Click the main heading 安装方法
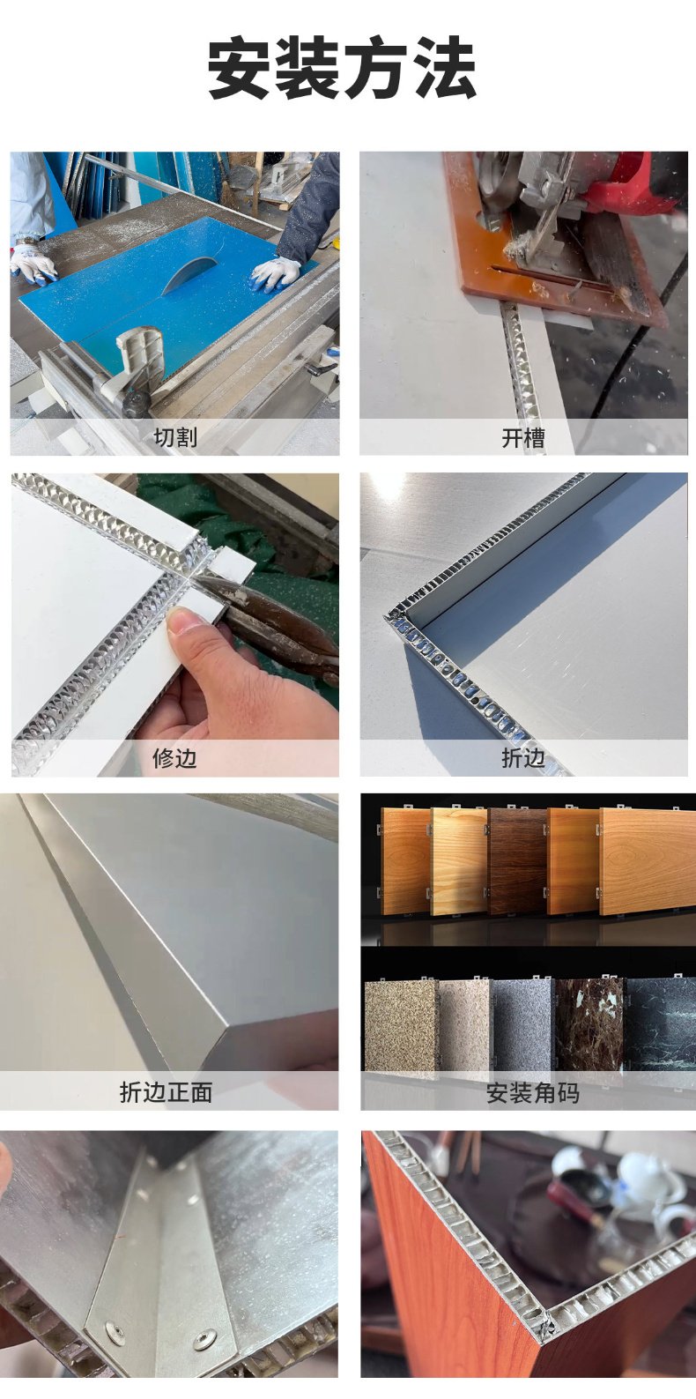click(x=342, y=67)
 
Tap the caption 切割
click(x=175, y=436)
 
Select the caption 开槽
click(x=523, y=438)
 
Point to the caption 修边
click(x=174, y=757)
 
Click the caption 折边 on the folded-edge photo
click(x=523, y=758)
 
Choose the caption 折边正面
click(x=166, y=1091)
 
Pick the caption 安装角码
click(x=532, y=1093)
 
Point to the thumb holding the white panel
click(x=189, y=621)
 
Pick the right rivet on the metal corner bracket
click(x=204, y=1338)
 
